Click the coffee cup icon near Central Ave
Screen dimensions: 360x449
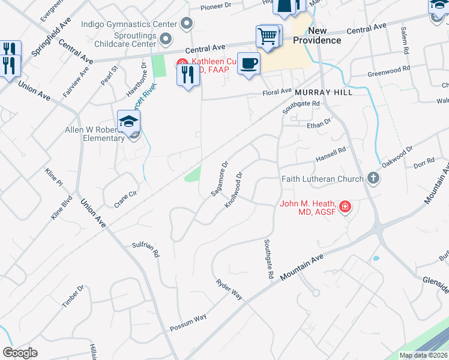(249, 63)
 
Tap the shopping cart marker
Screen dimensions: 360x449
(267, 36)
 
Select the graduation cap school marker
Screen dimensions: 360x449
(128, 121)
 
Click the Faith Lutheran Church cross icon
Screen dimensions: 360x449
(373, 178)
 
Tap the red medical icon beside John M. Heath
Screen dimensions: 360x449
(345, 208)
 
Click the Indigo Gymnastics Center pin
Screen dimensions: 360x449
(187, 24)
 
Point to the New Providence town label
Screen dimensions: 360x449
(317, 35)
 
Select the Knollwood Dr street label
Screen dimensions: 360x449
(234, 190)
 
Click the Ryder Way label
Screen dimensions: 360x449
(229, 289)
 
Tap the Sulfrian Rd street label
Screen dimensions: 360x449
(145, 250)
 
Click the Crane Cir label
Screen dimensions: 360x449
(125, 199)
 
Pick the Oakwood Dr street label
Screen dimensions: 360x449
(398, 157)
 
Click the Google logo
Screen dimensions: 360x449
(20, 353)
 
